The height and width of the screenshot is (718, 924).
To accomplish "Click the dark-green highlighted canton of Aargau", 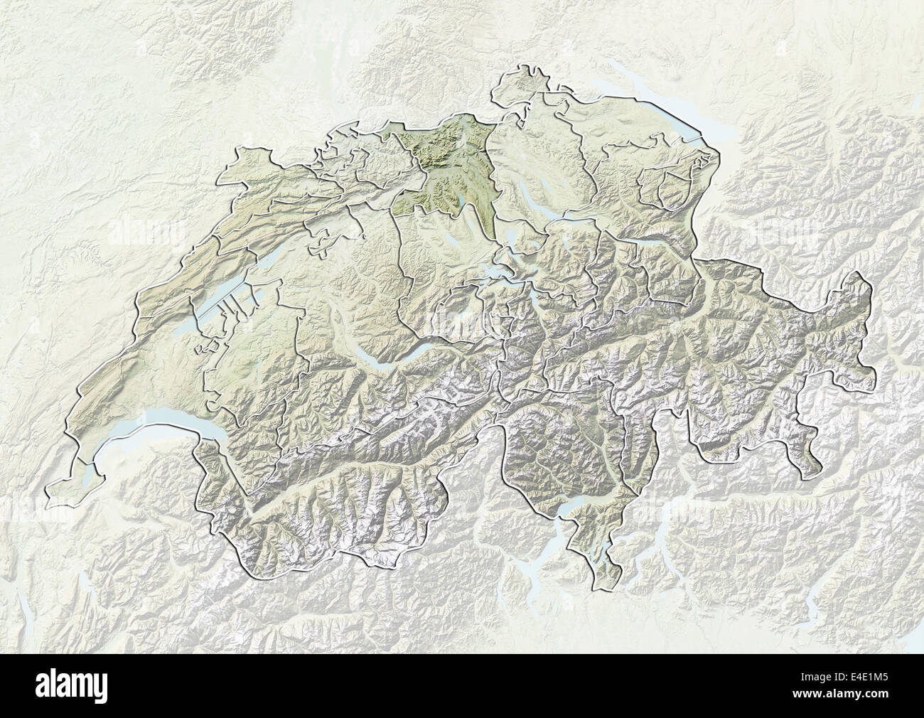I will click(x=441, y=171).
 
